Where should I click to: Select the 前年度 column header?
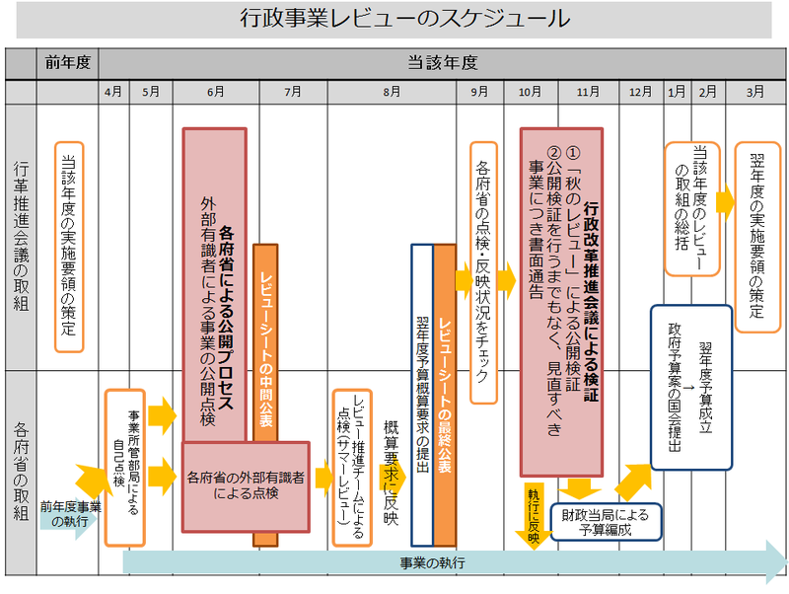pyautogui.click(x=67, y=62)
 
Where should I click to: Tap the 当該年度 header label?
pyautogui.click(x=443, y=62)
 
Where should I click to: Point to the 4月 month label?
pyautogui.click(x=113, y=92)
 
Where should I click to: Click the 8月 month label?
pyautogui.click(x=391, y=92)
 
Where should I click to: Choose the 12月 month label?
pyautogui.click(x=640, y=92)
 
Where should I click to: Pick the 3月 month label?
pyautogui.click(x=754, y=92)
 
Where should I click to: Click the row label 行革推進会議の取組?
pyautogui.click(x=19, y=237)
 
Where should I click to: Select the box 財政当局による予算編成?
pyautogui.click(x=606, y=521)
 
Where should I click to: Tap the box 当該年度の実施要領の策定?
pyautogui.click(x=68, y=247)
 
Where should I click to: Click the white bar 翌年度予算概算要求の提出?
pyautogui.click(x=421, y=395)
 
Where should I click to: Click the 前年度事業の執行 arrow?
pyautogui.click(x=70, y=514)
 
